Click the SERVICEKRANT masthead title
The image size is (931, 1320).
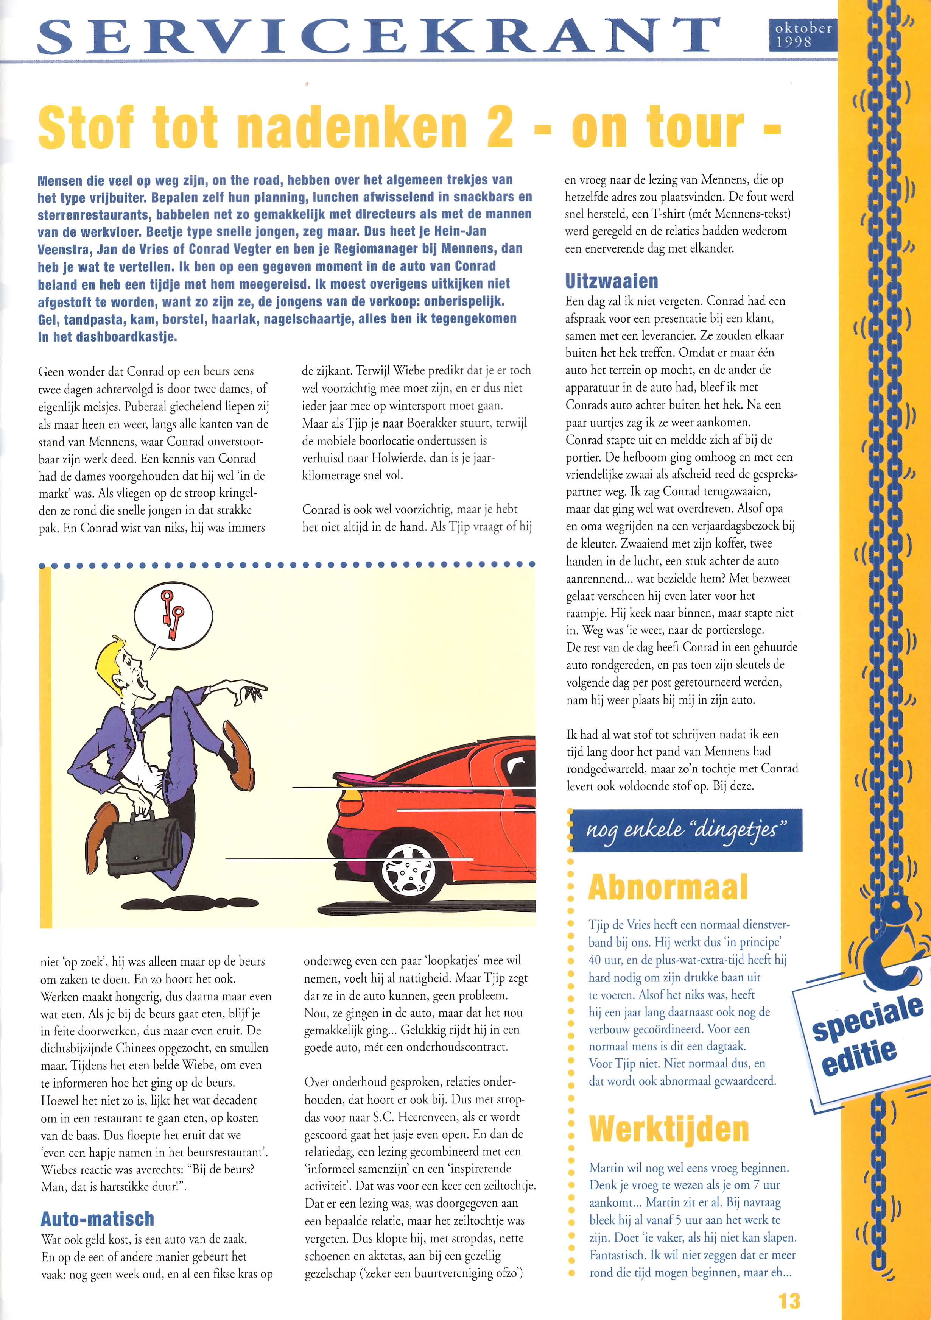pyautogui.click(x=378, y=36)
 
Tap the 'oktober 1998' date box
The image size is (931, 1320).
pyautogui.click(x=802, y=34)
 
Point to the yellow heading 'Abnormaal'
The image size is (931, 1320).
pyautogui.click(x=668, y=887)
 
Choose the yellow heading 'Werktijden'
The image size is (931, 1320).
pyautogui.click(x=669, y=1129)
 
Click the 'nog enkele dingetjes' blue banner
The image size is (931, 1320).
pyautogui.click(x=686, y=830)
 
